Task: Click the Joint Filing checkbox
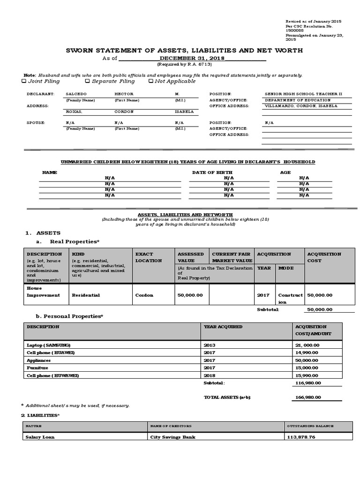pos(24,81)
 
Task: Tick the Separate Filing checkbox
pos(87,81)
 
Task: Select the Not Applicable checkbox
pos(150,81)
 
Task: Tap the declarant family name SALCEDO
pos(76,94)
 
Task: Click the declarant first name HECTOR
pos(124,94)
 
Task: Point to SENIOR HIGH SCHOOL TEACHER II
pos(303,94)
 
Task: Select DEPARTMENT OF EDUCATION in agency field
pos(298,100)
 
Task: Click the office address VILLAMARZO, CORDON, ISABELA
pos(298,106)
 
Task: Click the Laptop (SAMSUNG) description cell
pos(48,345)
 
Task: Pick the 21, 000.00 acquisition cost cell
pos(307,345)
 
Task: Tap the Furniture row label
pos(37,368)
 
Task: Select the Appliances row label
pos(39,360)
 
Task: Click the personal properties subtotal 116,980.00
pos(308,383)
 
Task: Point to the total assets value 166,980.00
pos(308,397)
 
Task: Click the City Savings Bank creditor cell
pos(172,437)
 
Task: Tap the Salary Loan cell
pos(40,437)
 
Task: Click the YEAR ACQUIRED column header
pos(223,326)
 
